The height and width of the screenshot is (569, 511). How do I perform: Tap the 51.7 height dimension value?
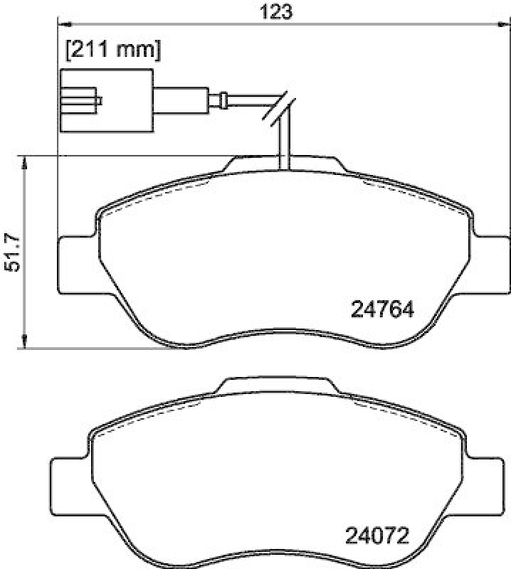tap(11, 252)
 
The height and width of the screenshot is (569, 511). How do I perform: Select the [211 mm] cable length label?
tap(113, 50)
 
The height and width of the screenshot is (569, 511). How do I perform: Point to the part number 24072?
tap(377, 533)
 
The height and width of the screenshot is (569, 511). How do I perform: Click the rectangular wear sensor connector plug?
tap(107, 100)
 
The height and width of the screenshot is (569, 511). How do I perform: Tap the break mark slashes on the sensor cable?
tap(279, 107)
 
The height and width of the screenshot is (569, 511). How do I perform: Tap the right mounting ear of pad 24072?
tap(484, 487)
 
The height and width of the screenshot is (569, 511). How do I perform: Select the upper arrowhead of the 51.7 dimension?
tap(26, 162)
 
